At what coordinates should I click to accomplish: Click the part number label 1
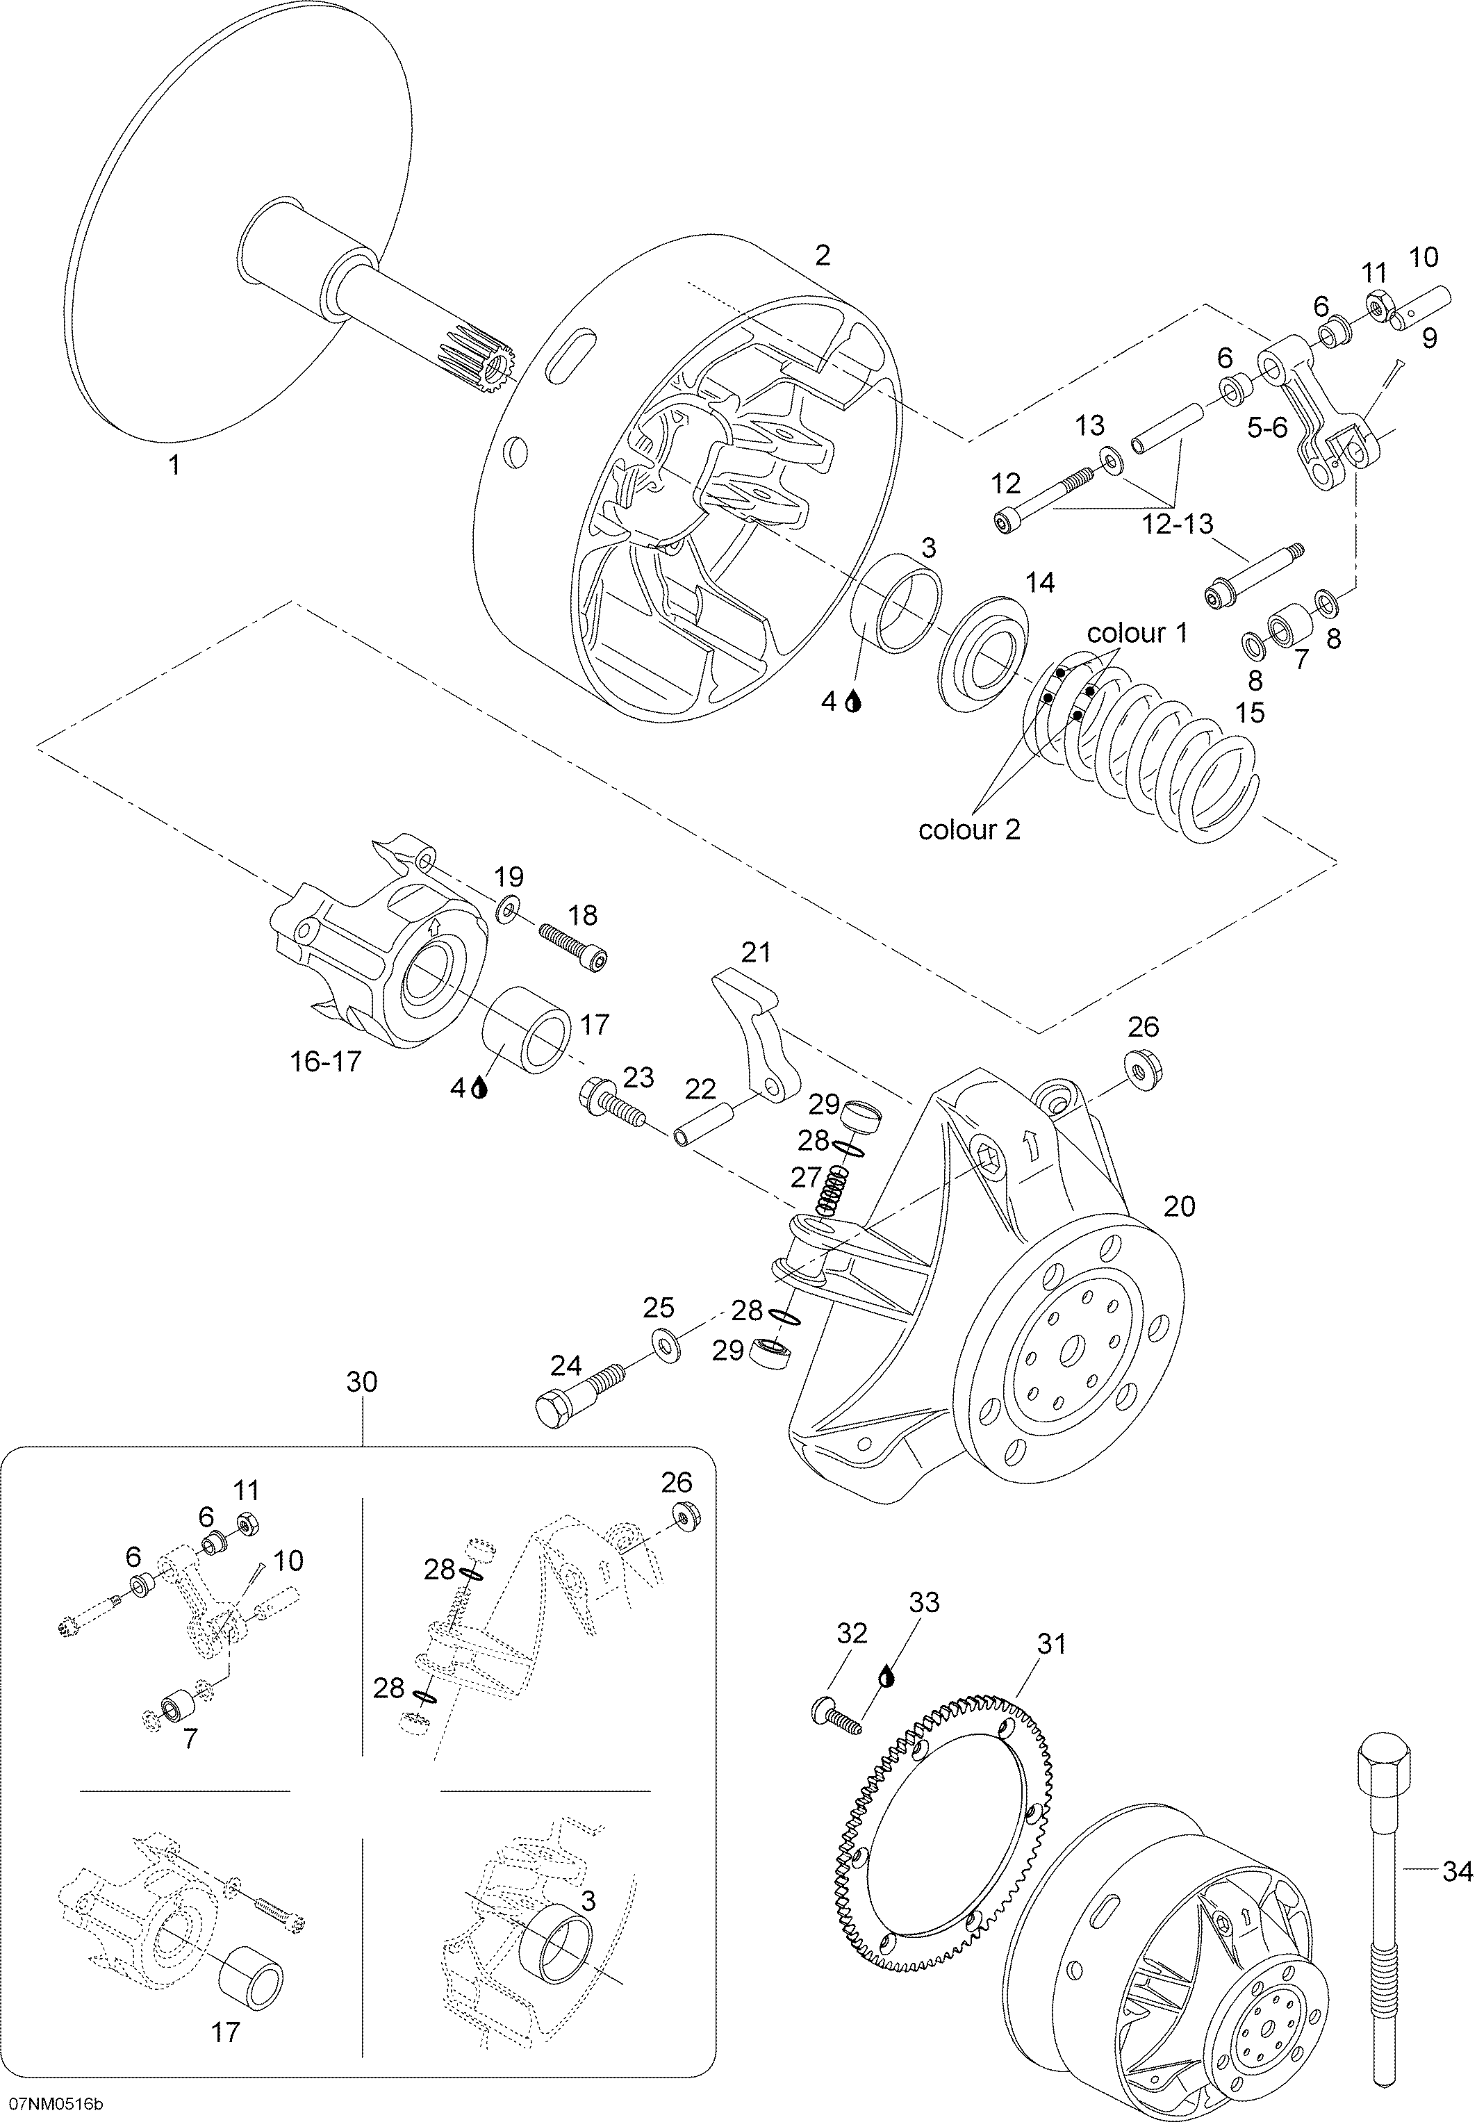tap(174, 466)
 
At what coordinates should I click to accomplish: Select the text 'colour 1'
tap(1137, 633)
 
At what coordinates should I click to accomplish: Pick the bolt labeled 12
tap(1044, 499)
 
